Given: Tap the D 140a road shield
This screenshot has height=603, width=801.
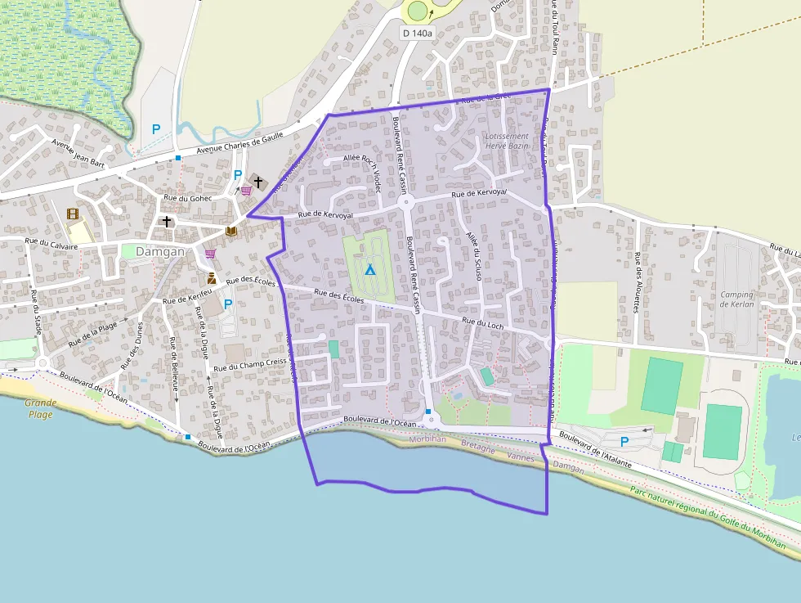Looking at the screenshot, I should pos(418,33).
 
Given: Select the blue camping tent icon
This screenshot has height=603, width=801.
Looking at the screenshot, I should pos(369,268).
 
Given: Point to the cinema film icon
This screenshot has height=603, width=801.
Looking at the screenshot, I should pos(74,214).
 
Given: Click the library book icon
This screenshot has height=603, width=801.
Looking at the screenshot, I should pos(231,232).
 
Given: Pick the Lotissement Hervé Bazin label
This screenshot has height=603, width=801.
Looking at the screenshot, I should pos(507,141).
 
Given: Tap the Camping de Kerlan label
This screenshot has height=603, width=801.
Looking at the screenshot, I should pos(737,299).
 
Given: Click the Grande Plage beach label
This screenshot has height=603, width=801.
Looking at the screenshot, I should pos(39,408).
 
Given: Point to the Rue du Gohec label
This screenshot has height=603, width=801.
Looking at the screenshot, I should pos(188,198).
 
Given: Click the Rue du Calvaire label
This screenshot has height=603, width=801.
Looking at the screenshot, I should pos(51,243).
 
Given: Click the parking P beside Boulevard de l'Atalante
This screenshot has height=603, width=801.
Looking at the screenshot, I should pos(624,442).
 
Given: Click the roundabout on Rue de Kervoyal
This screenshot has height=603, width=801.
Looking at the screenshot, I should pos(405,202).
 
